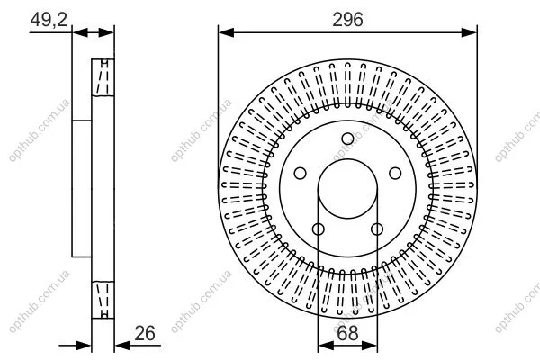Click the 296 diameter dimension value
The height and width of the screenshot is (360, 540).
(347, 20)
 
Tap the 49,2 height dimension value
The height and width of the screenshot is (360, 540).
(49, 20)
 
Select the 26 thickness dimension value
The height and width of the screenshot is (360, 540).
(145, 333)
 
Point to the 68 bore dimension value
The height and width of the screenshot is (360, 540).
(347, 333)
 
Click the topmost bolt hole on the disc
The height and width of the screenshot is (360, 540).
(347, 139)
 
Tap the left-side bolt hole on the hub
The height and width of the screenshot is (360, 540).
(301, 174)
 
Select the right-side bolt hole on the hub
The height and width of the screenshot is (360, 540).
(395, 174)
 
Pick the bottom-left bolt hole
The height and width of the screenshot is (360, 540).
(319, 229)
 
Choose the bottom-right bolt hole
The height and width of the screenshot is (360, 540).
(377, 229)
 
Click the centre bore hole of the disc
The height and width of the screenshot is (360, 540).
(347, 159)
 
